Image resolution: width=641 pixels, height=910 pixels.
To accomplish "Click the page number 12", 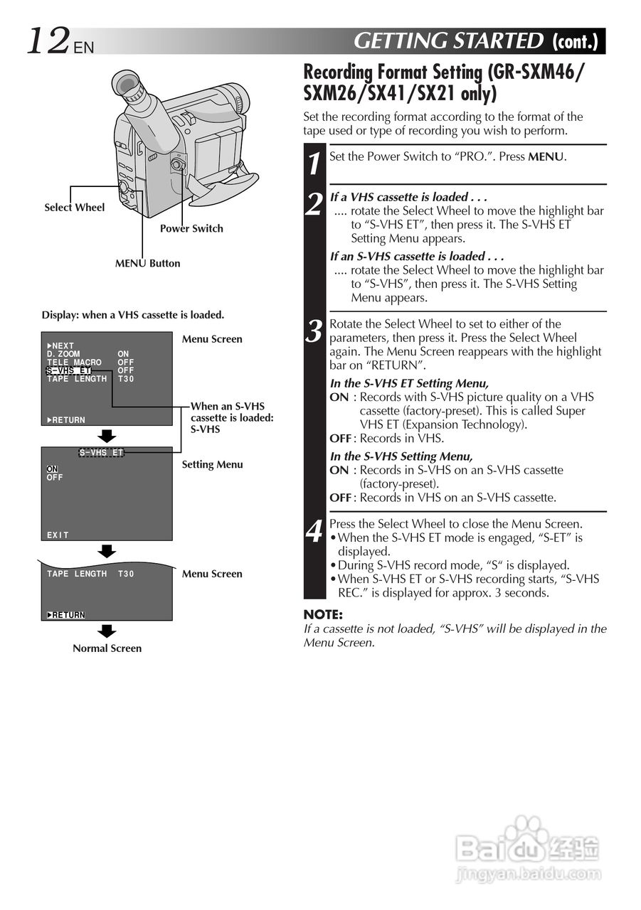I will click(48, 41).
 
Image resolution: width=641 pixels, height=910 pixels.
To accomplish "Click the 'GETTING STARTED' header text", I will click(448, 42).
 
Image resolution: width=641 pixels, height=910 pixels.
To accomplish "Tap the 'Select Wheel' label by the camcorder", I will click(74, 208).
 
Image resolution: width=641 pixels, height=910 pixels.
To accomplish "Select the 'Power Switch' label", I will click(191, 228).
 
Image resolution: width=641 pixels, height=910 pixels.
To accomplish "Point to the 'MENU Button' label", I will click(148, 263).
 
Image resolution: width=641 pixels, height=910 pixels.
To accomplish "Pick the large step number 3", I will click(314, 332).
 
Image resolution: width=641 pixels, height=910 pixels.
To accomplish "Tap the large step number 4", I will click(314, 532).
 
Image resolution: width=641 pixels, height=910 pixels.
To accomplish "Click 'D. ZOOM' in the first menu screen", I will click(63, 354).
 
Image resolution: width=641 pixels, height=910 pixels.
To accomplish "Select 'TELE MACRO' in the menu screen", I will click(74, 363).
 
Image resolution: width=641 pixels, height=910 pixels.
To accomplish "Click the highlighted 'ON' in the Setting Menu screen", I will click(52, 469).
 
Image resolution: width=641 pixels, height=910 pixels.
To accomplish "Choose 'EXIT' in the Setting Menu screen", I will click(58, 535).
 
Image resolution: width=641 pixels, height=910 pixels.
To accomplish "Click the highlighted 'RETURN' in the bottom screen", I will click(66, 615).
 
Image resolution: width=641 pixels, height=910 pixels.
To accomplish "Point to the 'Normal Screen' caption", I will click(107, 648).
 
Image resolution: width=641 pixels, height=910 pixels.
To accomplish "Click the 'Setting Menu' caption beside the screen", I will click(212, 464).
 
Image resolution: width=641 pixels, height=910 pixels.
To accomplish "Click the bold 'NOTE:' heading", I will click(323, 614).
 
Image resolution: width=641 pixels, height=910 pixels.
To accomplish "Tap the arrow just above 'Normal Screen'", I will click(107, 631).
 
